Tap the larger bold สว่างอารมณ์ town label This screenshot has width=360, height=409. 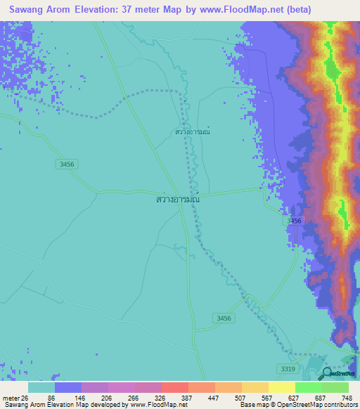tap(178, 200)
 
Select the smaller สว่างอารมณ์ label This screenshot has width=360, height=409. tap(193, 131)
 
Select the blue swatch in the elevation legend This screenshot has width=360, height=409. tap(67, 388)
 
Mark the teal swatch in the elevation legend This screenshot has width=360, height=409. tap(41, 388)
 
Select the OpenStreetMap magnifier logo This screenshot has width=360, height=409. tap(328, 374)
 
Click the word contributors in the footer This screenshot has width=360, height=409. tap(338, 404)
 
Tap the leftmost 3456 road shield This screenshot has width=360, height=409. tap(67, 163)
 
